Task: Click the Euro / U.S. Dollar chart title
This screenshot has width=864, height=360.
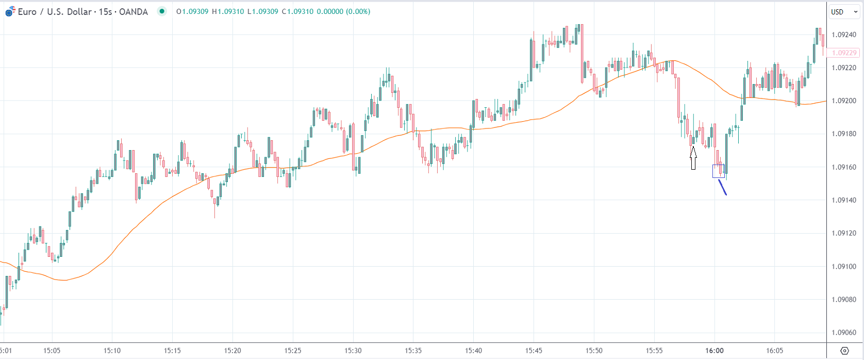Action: pyautogui.click(x=82, y=11)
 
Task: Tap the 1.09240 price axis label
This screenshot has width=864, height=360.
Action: pyautogui.click(x=844, y=35)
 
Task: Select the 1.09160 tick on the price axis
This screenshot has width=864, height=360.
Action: pyautogui.click(x=844, y=167)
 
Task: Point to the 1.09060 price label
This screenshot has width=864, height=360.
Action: pyautogui.click(x=844, y=333)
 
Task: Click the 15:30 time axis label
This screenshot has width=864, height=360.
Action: pyautogui.click(x=353, y=351)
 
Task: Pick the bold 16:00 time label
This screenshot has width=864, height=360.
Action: pyautogui.click(x=715, y=351)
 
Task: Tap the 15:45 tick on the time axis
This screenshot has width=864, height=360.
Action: pyautogui.click(x=534, y=351)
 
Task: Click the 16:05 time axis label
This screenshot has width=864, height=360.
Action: pyautogui.click(x=775, y=351)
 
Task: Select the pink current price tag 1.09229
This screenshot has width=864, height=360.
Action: pyautogui.click(x=844, y=53)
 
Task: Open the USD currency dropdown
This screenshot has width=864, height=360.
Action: pyautogui.click(x=843, y=12)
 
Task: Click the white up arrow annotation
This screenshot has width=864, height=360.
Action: pyautogui.click(x=693, y=158)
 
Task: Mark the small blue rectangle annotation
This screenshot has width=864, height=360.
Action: pyautogui.click(x=719, y=171)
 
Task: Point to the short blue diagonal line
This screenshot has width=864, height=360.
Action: pyautogui.click(x=722, y=187)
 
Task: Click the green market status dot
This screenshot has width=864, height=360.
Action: pyautogui.click(x=162, y=11)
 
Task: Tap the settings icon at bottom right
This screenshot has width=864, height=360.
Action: pyautogui.click(x=844, y=351)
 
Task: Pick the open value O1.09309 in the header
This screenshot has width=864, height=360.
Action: pyautogui.click(x=192, y=11)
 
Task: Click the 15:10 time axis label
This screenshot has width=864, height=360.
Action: pyautogui.click(x=112, y=351)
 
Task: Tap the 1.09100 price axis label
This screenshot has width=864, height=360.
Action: pyautogui.click(x=844, y=267)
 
